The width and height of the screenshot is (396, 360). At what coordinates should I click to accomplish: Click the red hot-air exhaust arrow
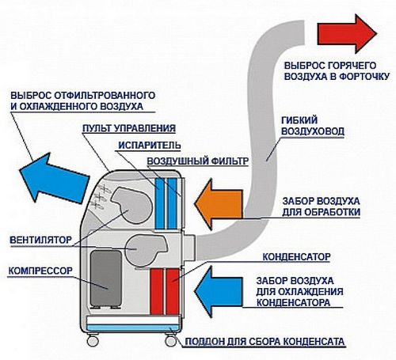[347, 34]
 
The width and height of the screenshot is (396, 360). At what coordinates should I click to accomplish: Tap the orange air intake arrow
[218, 204]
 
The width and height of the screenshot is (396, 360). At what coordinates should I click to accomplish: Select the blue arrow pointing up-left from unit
[53, 178]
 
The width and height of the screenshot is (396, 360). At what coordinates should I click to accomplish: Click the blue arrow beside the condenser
[218, 291]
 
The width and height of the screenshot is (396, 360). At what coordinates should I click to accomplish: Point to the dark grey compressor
[106, 279]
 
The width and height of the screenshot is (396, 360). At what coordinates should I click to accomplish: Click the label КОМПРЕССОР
[40, 271]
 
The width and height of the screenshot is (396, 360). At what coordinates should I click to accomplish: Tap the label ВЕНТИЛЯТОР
[41, 240]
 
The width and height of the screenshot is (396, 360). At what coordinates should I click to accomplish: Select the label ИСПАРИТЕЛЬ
[150, 145]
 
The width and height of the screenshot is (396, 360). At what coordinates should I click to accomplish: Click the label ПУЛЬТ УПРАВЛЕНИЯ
[129, 128]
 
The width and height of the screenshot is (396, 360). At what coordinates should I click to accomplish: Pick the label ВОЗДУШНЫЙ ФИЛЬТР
[198, 161]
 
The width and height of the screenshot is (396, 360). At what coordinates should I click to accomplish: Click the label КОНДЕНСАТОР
[296, 256]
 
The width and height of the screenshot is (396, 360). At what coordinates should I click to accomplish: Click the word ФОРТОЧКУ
[364, 77]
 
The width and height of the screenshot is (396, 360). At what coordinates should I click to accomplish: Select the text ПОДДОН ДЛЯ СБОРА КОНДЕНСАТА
[265, 342]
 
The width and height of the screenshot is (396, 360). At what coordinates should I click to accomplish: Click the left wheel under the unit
[93, 341]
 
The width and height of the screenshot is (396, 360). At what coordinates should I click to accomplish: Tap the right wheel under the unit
[171, 341]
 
